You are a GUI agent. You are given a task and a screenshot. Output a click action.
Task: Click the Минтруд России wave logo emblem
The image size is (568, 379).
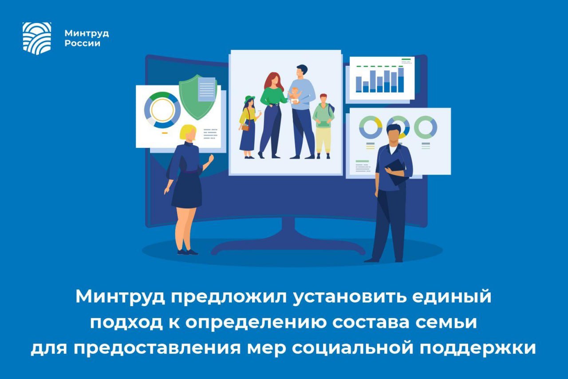click(37, 38)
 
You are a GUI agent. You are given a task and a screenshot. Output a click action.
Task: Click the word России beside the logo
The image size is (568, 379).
click(83, 44)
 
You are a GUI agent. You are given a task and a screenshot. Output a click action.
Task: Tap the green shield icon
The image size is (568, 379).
click(197, 97)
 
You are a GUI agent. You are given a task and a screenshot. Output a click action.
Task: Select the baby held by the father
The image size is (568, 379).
click(294, 96)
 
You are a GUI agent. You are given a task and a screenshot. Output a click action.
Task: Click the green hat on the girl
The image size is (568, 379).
click(249, 99)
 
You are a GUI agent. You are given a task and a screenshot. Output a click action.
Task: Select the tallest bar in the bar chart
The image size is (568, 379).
click(401, 80)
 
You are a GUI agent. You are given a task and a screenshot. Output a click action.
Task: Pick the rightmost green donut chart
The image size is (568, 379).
click(426, 127)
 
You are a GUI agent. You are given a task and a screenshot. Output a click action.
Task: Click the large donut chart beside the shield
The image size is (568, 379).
click(162, 110)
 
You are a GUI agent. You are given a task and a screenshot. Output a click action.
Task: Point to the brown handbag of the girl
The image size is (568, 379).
click(245, 127)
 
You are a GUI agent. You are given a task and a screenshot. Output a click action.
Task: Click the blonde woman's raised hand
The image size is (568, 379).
click(210, 159)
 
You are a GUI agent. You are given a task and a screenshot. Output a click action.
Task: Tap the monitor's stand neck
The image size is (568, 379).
click(288, 230)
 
